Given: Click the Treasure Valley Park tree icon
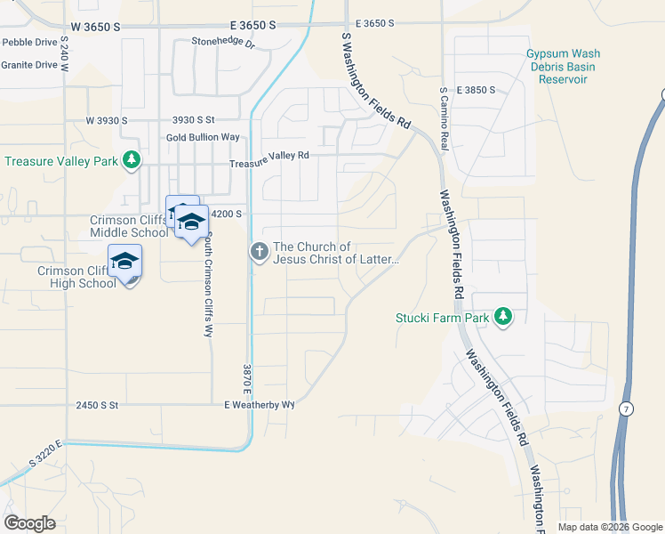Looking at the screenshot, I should pyautogui.click(x=132, y=160).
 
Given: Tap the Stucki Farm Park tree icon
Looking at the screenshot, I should pyautogui.click(x=503, y=316).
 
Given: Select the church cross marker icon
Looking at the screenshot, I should pyautogui.click(x=260, y=253).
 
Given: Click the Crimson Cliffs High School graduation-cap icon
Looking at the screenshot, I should pyautogui.click(x=125, y=261).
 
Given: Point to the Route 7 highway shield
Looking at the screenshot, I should pyautogui.click(x=627, y=409).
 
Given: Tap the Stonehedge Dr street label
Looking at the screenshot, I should pyautogui.click(x=223, y=43).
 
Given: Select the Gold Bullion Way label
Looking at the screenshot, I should pyautogui.click(x=204, y=137).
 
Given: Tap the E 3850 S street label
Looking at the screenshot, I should pyautogui.click(x=475, y=91).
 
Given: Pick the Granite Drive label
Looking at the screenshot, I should pyautogui.click(x=28, y=65).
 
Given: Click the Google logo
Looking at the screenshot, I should pyautogui.click(x=29, y=522).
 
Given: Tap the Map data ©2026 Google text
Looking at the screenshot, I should pyautogui.click(x=609, y=527).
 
